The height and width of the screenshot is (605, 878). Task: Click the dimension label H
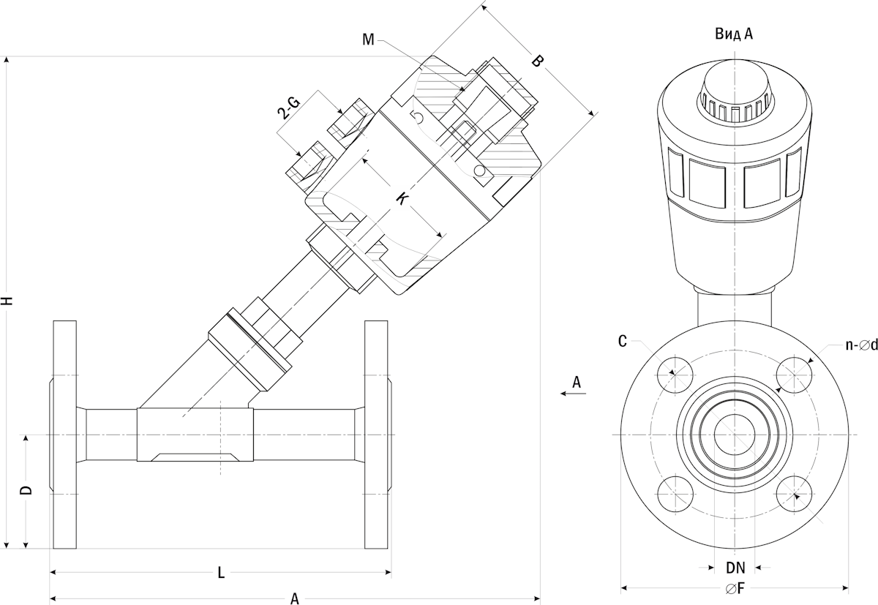coord(7,301)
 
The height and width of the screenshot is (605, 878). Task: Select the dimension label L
coord(221,573)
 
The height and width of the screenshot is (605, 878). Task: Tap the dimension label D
coord(26,490)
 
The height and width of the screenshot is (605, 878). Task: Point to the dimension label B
coord(538,61)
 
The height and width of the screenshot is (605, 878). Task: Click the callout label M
coord(369,40)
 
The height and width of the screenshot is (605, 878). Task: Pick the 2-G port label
coord(288,108)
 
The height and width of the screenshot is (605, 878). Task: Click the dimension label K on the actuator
coord(402,199)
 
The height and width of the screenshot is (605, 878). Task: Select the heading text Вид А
coord(734,34)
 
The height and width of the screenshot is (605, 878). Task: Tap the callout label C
coord(623,342)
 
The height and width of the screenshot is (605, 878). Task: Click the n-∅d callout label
coord(861,345)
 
